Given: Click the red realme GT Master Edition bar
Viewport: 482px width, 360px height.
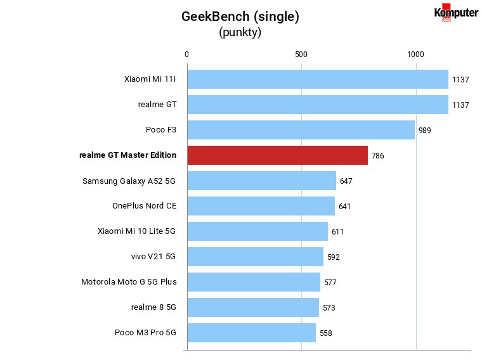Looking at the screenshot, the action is pos(278,155).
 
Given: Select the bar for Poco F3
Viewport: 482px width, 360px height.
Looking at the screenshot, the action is pos(301,130).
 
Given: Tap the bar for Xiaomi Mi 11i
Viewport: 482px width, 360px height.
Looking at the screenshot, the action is pos(318,79).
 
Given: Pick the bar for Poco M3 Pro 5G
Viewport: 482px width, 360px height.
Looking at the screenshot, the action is pos(251,333).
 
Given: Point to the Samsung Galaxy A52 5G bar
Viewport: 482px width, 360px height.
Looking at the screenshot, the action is pos(261,181).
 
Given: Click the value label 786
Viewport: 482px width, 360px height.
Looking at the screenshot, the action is pos(377,156).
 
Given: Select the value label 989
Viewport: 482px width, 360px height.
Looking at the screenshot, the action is pos(424,131).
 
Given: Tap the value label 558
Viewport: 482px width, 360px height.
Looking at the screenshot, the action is pos(326,333).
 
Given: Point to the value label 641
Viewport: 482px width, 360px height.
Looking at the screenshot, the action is pos(344,207).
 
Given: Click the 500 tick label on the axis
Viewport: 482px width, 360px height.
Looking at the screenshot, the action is pos(301,55).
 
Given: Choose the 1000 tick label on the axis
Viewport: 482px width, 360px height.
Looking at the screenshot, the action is pos(415,55).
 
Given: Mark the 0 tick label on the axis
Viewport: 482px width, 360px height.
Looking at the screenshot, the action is pos(186,55).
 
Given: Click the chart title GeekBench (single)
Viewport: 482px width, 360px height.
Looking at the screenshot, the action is pos(240,16).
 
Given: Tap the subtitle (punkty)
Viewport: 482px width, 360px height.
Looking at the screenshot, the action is pos(240,32).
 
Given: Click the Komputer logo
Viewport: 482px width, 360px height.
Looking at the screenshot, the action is pos(456,13).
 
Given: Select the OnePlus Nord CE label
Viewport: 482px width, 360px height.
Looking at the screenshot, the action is pos(145,206).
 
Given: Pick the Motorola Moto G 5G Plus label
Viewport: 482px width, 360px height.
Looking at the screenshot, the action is pos(129,281).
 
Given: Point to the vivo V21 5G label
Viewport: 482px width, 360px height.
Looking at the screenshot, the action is pos(153,257).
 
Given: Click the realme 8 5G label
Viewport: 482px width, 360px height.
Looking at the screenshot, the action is pos(153,307).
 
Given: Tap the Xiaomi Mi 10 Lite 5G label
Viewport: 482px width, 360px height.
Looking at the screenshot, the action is pos(136,231).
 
